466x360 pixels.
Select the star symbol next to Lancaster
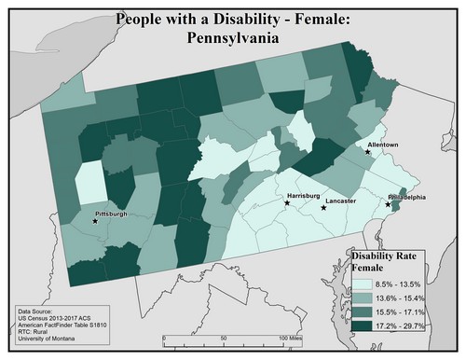(x=323, y=207)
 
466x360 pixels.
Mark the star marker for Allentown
(x=367, y=153)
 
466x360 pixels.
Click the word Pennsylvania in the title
(x=232, y=40)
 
